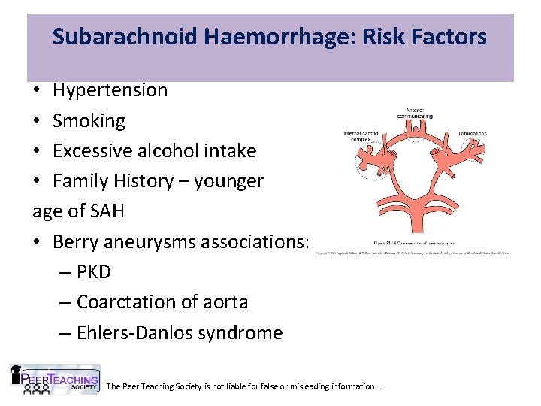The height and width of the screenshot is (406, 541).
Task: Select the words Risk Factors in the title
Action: (415, 36)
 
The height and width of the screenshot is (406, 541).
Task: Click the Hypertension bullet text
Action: (110, 90)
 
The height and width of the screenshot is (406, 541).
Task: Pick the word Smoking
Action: (89, 120)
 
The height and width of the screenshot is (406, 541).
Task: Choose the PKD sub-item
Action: (93, 271)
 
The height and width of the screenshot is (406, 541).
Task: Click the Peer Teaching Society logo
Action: (54, 380)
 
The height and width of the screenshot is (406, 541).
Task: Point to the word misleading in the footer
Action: (310, 386)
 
